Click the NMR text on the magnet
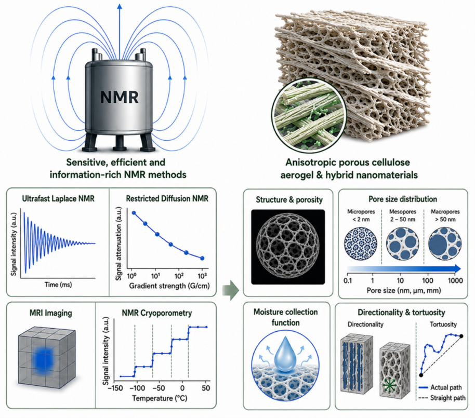(x=119, y=98)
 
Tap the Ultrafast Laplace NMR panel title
(x=58, y=198)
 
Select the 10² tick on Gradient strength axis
(x=179, y=276)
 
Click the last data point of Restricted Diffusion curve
(x=202, y=258)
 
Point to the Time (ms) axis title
(x=58, y=285)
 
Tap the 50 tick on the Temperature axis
(x=206, y=388)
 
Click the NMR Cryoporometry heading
(x=156, y=313)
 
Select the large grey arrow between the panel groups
(x=230, y=290)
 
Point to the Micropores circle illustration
(x=361, y=244)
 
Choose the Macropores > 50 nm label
(x=445, y=215)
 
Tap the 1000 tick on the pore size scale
(x=455, y=280)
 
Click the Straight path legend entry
(x=442, y=398)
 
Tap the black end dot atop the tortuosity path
(x=461, y=336)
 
